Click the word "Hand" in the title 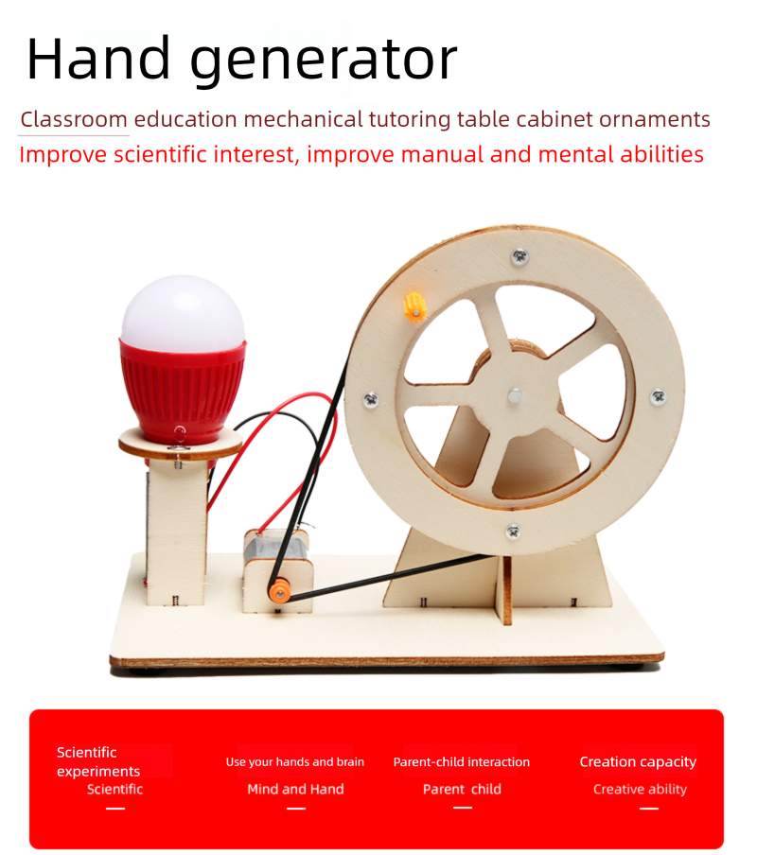(98, 59)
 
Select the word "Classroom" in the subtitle (74, 119)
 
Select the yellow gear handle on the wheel (415, 308)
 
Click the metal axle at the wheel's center (515, 396)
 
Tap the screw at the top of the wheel (519, 255)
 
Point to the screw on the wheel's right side (659, 396)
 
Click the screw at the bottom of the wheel (513, 531)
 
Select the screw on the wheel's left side (371, 400)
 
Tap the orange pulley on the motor (279, 591)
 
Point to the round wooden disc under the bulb (181, 443)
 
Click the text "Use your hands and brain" (295, 761)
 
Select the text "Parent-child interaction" (462, 761)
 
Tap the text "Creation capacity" (638, 761)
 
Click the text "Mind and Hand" (295, 789)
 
